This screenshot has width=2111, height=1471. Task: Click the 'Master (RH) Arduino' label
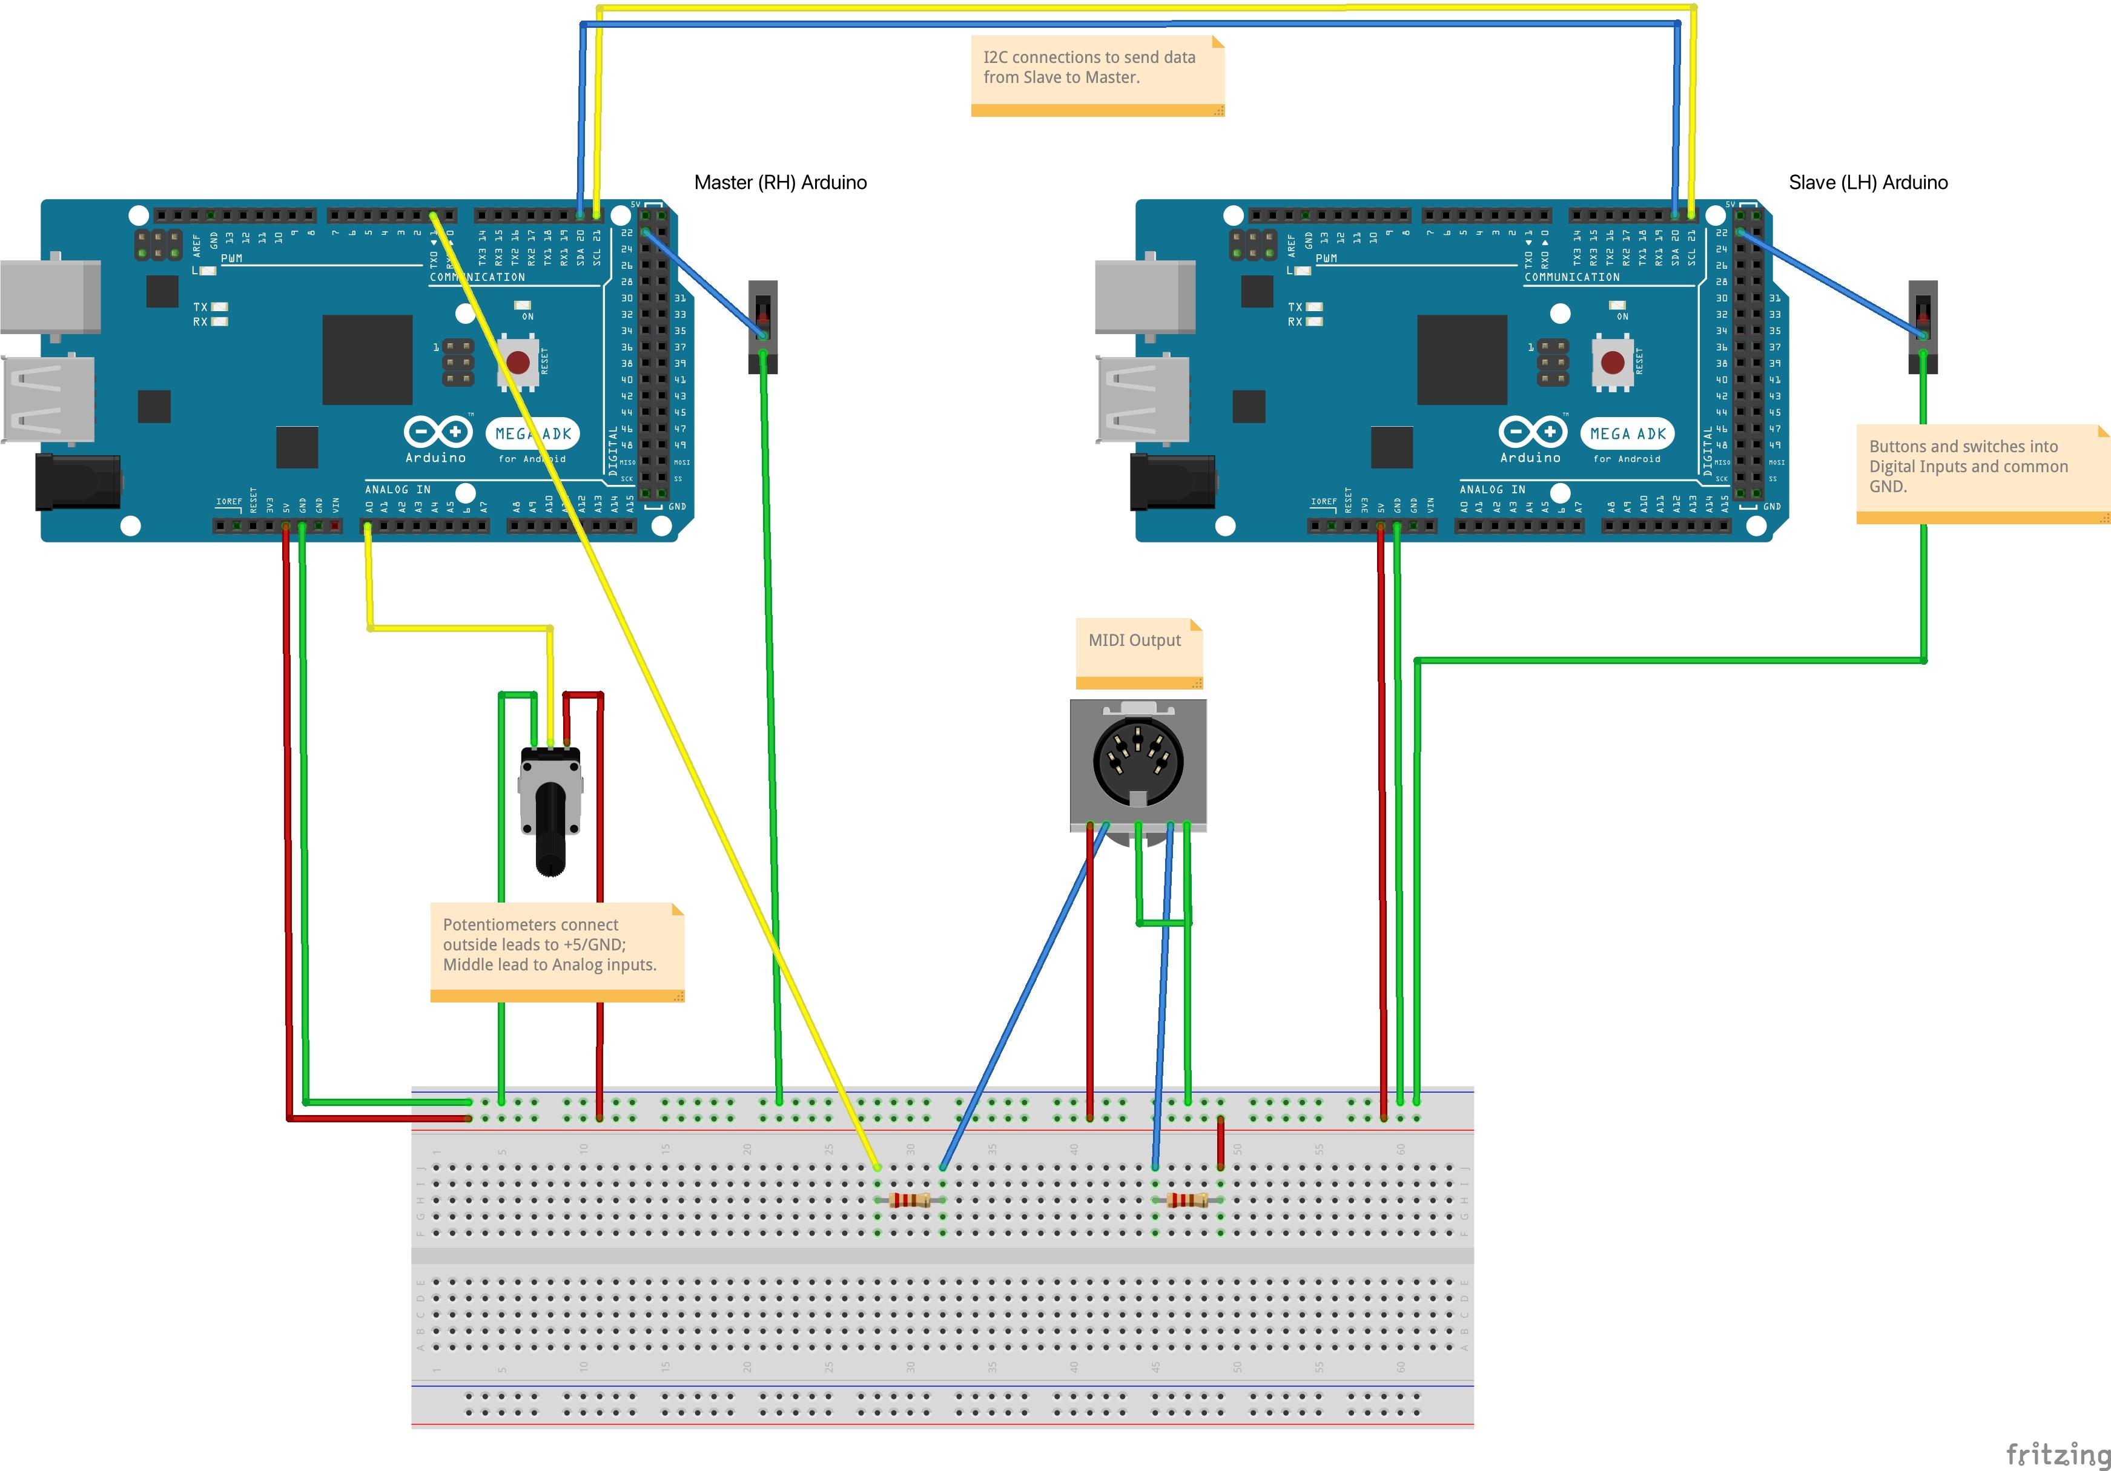(780, 182)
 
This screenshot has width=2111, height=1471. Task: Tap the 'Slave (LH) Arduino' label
(1868, 182)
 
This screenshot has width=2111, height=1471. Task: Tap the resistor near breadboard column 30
(910, 1200)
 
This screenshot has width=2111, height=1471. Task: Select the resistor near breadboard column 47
(1187, 1200)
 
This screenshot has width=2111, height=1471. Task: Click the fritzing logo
(2056, 1453)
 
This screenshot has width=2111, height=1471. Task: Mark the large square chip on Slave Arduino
(1461, 360)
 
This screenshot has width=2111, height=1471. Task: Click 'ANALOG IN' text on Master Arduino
(397, 489)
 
